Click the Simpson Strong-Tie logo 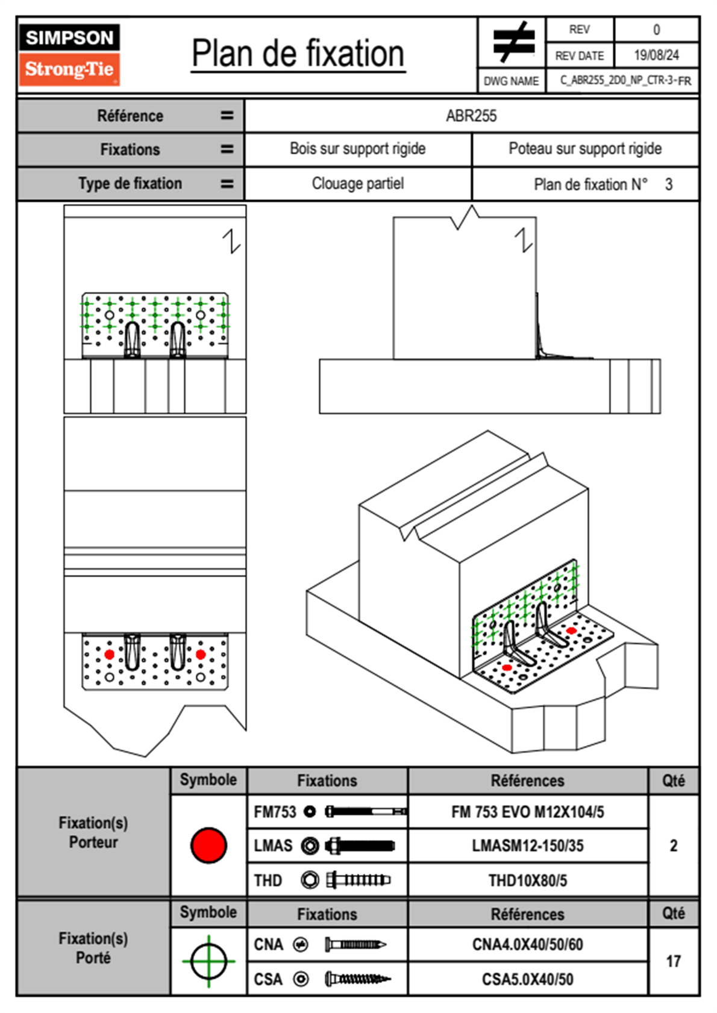[x=69, y=55]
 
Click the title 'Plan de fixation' [x=298, y=54]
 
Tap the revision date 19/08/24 [x=656, y=55]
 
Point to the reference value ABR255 [x=471, y=116]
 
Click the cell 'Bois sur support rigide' [x=357, y=149]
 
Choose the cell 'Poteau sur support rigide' [x=585, y=149]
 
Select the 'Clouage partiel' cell [x=357, y=184]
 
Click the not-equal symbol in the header [x=513, y=42]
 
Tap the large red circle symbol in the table [x=208, y=845]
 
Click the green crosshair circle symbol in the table [x=208, y=961]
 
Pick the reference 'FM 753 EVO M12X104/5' [x=527, y=812]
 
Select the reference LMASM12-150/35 [x=527, y=846]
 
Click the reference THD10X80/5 [x=527, y=881]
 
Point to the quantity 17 [x=673, y=961]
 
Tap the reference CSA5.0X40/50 [x=527, y=979]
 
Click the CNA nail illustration [x=355, y=944]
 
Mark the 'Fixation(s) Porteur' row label [x=93, y=832]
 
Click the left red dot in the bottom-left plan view [x=109, y=654]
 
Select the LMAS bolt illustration [x=360, y=846]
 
